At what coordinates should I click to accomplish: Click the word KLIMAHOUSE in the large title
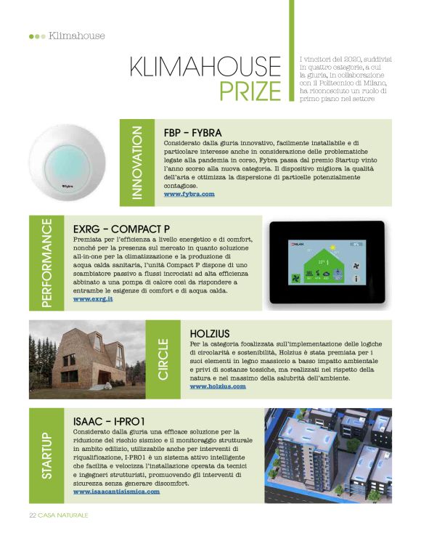[205, 67]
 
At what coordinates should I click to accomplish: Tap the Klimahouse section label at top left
[76, 36]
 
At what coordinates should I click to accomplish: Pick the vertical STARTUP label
[46, 455]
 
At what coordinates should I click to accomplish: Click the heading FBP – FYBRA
[192, 132]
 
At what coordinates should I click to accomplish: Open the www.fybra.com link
[189, 195]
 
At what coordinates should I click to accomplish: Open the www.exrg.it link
[93, 298]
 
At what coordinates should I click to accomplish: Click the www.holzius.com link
[218, 386]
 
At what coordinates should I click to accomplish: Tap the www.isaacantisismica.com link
[116, 492]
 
